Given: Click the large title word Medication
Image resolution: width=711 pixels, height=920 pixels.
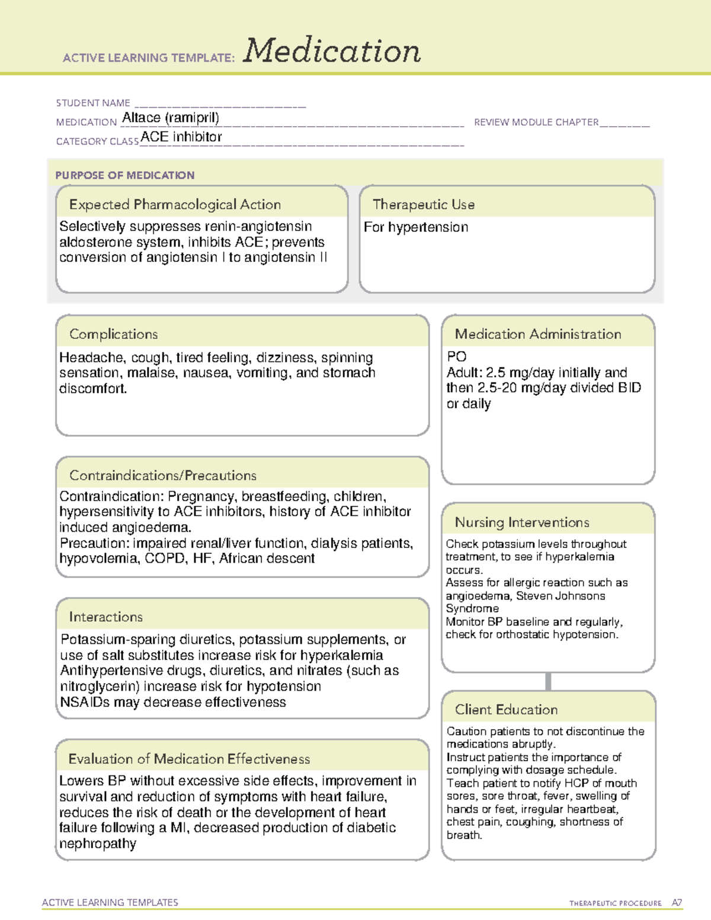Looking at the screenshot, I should [x=331, y=51].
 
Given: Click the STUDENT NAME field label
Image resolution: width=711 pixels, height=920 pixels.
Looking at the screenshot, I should [x=92, y=103].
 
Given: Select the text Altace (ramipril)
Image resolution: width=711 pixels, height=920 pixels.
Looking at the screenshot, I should [x=171, y=118].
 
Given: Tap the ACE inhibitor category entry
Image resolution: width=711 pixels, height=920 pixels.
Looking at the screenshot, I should [x=181, y=137].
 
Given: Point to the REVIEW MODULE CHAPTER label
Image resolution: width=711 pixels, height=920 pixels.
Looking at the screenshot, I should [x=536, y=122].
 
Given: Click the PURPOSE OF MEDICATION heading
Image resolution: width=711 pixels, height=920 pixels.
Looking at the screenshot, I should [x=125, y=175].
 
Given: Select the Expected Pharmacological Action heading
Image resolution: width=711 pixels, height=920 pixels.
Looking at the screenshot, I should [x=175, y=205].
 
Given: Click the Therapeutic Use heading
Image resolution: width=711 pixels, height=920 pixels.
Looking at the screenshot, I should [x=423, y=205].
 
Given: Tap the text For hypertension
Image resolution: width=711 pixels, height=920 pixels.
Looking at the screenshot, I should [x=416, y=227].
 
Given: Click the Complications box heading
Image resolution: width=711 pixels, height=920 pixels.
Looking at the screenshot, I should [x=114, y=335].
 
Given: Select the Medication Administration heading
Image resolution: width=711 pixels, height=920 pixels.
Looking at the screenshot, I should [x=538, y=335].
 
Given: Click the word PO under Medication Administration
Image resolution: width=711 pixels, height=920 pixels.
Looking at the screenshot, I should [x=457, y=357].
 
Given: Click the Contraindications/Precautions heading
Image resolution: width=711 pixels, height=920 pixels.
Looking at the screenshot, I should [x=163, y=476].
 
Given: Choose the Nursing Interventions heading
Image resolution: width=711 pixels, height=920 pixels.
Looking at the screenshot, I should [x=522, y=522].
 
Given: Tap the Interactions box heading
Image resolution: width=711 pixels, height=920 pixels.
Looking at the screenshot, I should [x=106, y=617].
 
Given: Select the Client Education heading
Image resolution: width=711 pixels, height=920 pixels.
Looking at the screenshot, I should [x=506, y=710].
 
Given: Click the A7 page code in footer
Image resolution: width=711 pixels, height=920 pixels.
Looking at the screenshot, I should [x=677, y=903].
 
